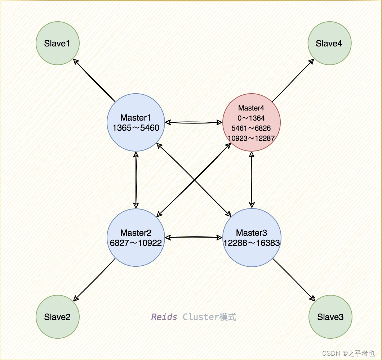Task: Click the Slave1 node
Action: [x=58, y=44]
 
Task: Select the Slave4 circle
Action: [x=329, y=44]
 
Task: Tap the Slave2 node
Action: [x=58, y=317]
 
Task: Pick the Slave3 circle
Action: [x=330, y=317]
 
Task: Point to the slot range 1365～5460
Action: [x=136, y=128]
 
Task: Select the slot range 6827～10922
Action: [x=136, y=243]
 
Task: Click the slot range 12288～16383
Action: [x=252, y=243]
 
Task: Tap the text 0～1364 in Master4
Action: [x=252, y=118]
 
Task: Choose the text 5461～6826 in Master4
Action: [x=252, y=128]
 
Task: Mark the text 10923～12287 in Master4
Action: [x=252, y=138]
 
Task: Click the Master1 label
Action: [x=136, y=118]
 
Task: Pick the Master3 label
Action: [x=252, y=233]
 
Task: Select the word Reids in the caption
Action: [x=164, y=317]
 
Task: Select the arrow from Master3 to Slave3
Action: [x=294, y=279]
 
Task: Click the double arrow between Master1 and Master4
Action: [x=194, y=122]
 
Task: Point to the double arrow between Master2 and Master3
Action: [x=194, y=238]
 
